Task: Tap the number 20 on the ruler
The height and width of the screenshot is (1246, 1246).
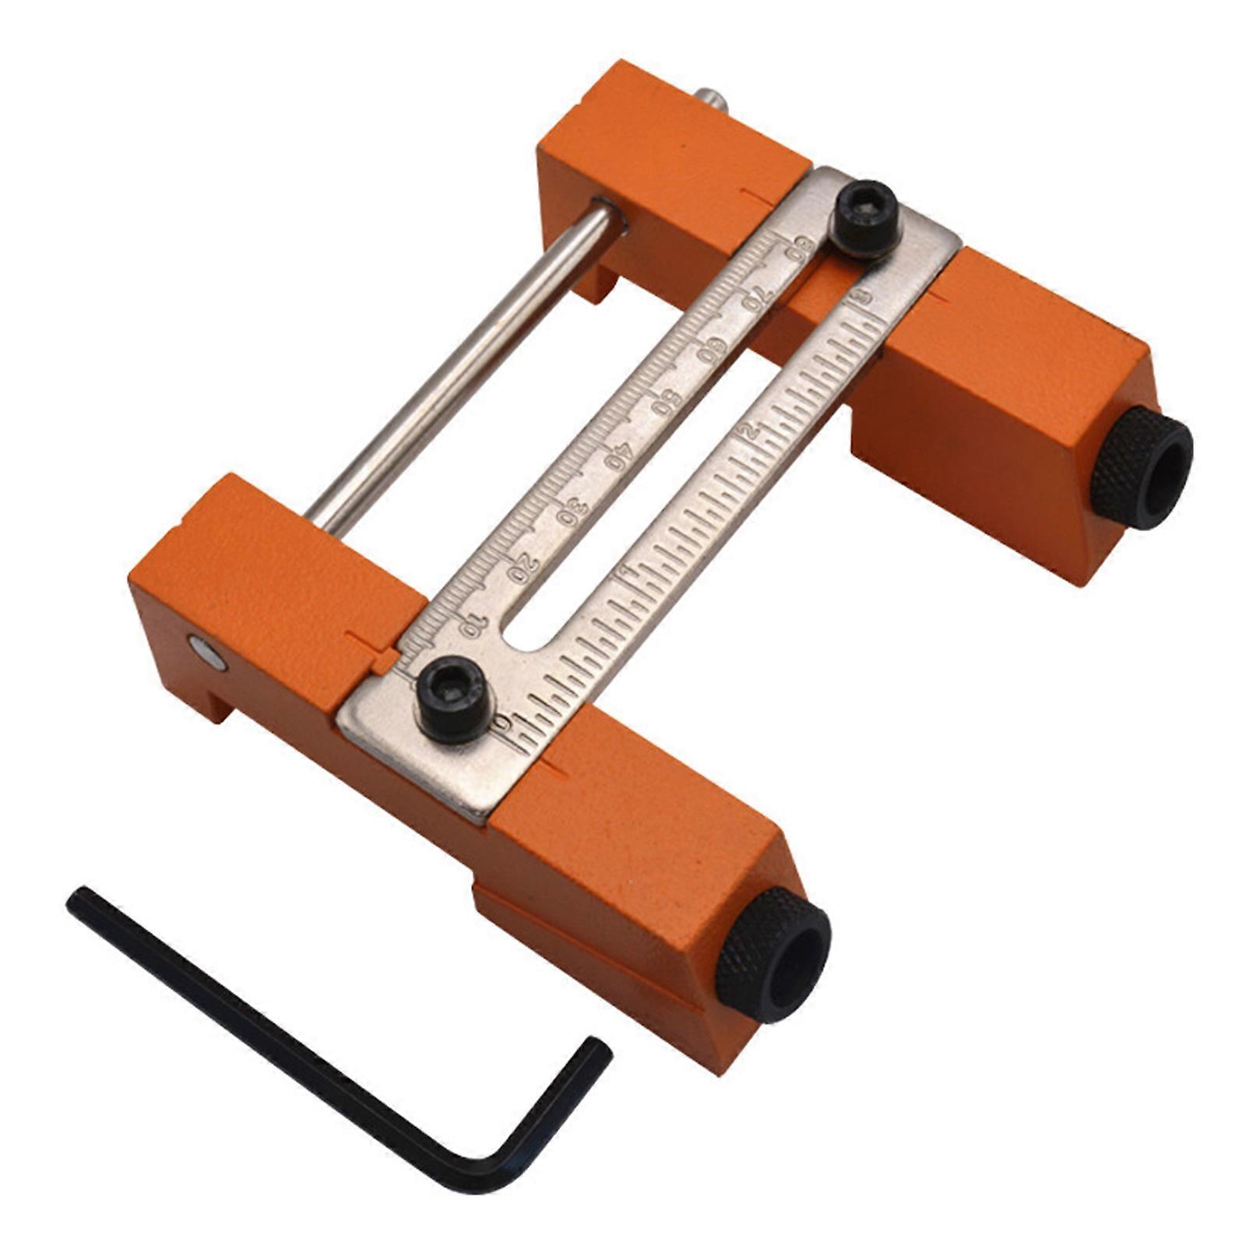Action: coord(523,566)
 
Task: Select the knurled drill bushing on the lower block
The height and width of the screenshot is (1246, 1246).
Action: coord(773,954)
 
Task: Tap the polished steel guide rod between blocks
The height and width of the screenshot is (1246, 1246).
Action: coord(467,366)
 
